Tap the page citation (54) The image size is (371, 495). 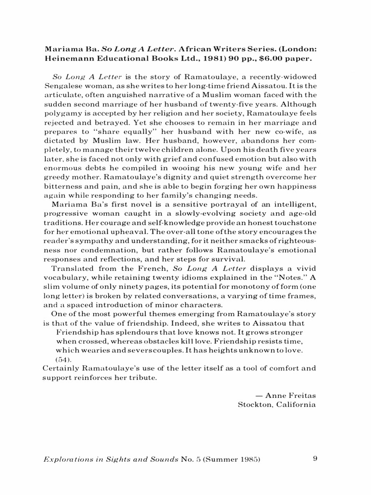tap(63, 359)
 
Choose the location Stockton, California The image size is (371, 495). tap(277, 404)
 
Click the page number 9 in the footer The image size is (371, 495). tap(315, 459)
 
